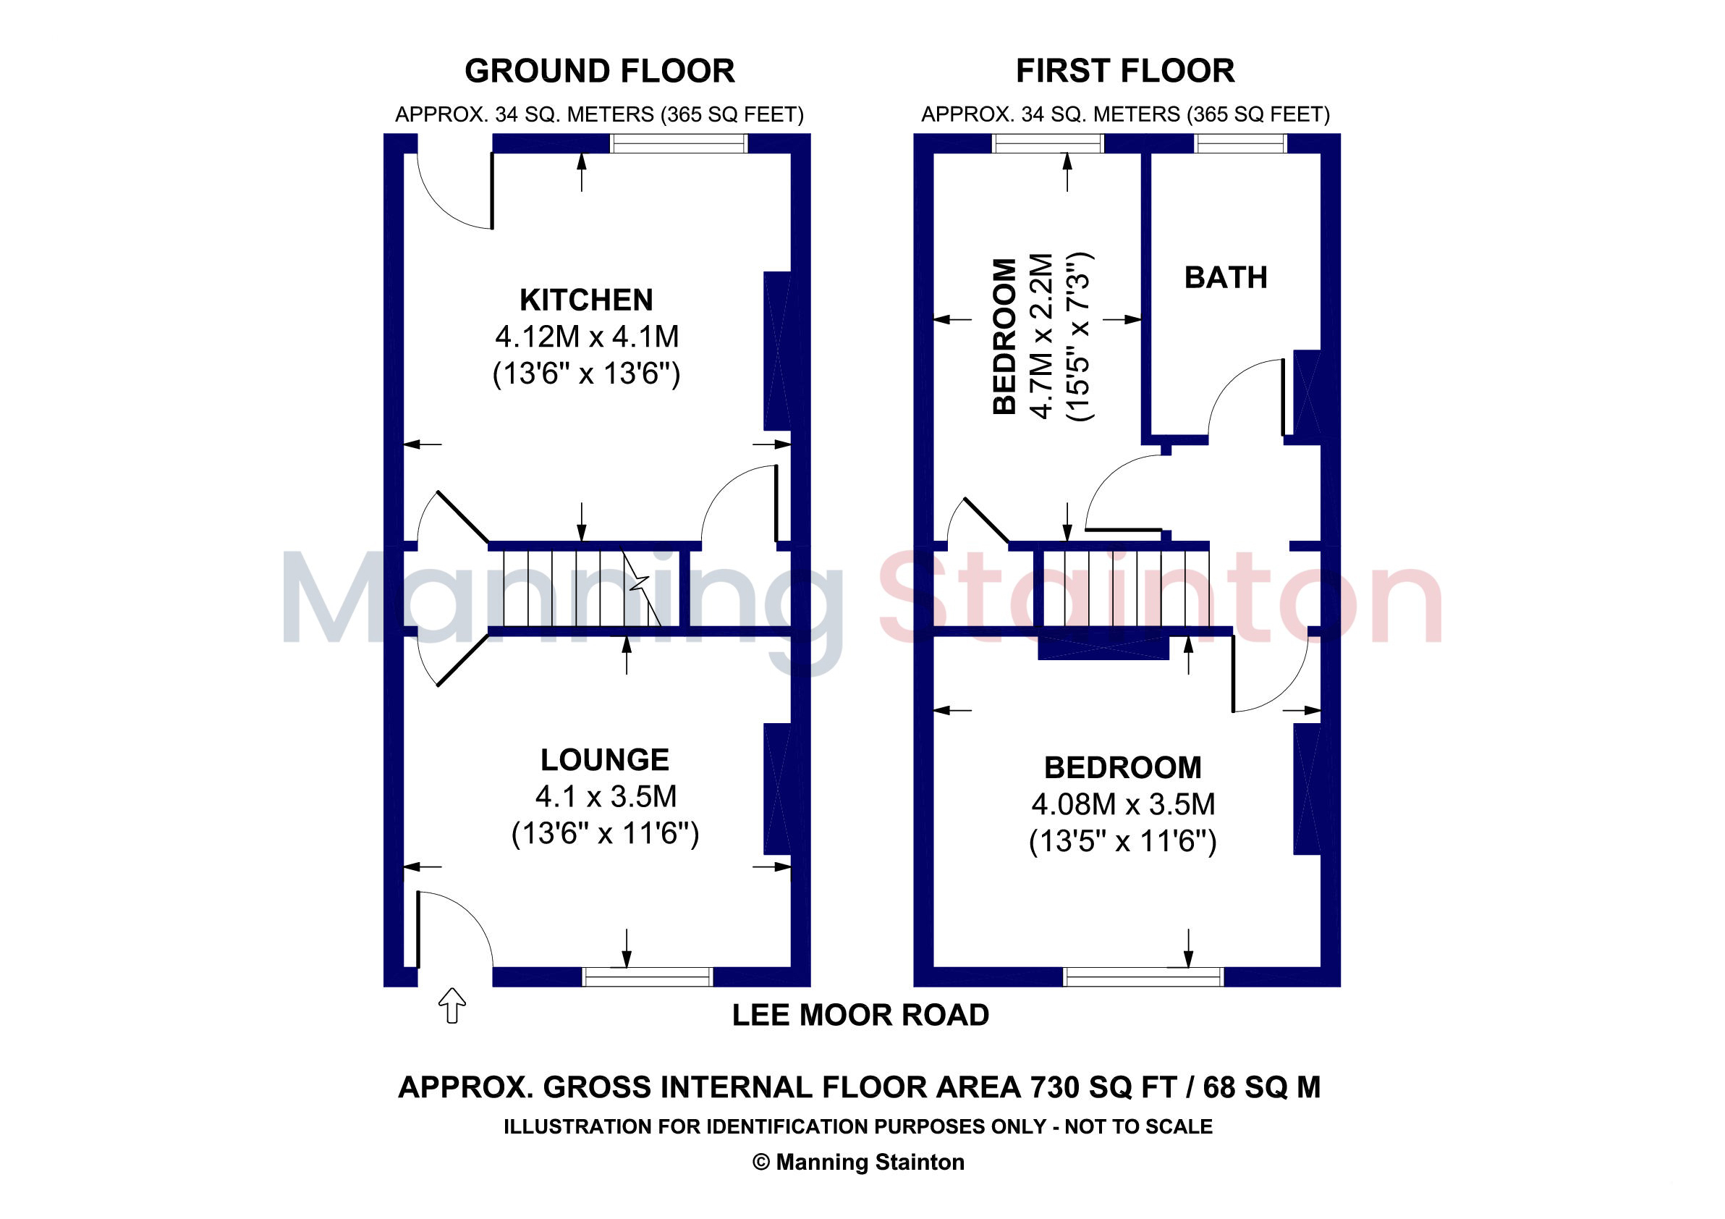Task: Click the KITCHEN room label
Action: (586, 300)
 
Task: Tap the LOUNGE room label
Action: (605, 760)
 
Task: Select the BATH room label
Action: (1226, 277)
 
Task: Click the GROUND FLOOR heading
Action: (600, 71)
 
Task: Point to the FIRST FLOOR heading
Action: (1125, 71)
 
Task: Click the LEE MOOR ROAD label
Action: (861, 1016)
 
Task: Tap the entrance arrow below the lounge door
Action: (452, 1005)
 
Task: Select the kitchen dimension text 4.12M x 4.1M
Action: (587, 337)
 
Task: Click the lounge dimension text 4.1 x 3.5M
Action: (606, 796)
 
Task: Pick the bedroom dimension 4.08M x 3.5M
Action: (1123, 804)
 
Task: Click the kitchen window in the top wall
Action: (679, 143)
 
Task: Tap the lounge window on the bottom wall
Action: (648, 977)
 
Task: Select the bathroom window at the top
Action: (1241, 143)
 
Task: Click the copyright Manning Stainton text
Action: (859, 1162)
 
